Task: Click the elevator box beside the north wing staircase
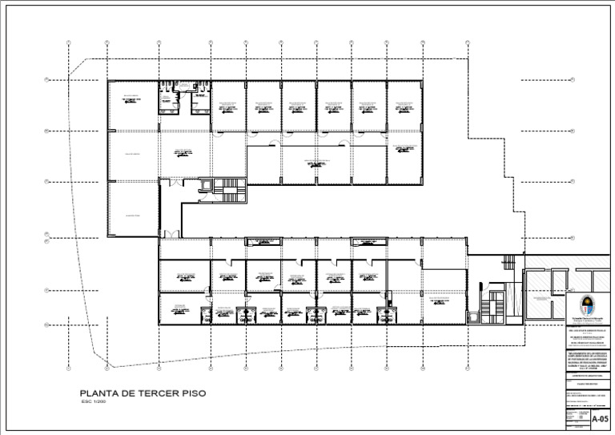(x=205, y=184)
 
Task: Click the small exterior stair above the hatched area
(x=506, y=260)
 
